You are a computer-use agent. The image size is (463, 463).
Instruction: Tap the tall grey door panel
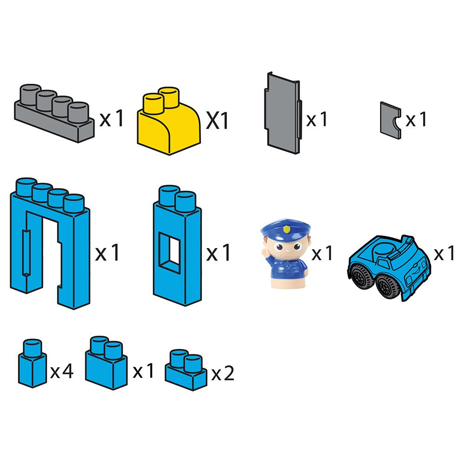(283, 113)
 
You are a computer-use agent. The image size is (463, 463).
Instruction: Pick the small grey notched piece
(390, 120)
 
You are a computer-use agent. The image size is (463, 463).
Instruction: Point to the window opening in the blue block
(169, 252)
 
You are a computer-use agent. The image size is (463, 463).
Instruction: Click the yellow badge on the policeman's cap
(286, 229)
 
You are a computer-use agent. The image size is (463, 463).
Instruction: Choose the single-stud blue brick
(32, 363)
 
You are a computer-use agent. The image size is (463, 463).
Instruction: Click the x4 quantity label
(62, 371)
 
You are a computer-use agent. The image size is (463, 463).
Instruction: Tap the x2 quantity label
(223, 373)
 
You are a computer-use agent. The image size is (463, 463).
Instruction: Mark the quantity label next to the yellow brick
(217, 120)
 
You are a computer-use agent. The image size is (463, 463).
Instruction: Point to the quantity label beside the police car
(444, 253)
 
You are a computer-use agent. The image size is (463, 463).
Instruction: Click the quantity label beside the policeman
(322, 253)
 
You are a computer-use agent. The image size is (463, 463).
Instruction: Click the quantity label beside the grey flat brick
(111, 119)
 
